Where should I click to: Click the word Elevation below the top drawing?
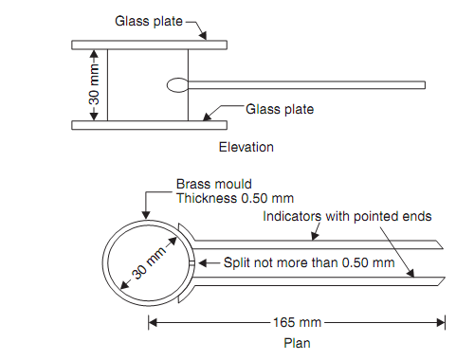[246, 147]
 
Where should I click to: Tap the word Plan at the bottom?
[297, 343]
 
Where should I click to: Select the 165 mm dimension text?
[297, 322]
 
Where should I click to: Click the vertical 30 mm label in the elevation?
[94, 84]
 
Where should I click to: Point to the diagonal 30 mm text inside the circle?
[149, 262]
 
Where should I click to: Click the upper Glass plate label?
[149, 21]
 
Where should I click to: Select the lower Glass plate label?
[280, 109]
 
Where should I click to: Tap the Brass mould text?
[214, 184]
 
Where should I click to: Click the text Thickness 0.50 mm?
[235, 198]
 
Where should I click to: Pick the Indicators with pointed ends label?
[347, 217]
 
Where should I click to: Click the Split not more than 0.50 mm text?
[309, 262]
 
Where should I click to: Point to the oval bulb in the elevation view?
[177, 85]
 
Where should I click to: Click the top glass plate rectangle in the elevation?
[149, 45]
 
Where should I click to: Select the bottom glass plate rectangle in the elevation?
[149, 125]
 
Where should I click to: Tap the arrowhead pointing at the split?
[203, 262]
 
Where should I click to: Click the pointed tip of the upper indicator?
[443, 248]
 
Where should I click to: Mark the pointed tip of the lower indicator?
[445, 278]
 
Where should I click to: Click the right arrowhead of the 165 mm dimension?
[441, 322]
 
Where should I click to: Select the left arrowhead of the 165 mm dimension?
[153, 322]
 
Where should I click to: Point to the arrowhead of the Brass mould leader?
[146, 215]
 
